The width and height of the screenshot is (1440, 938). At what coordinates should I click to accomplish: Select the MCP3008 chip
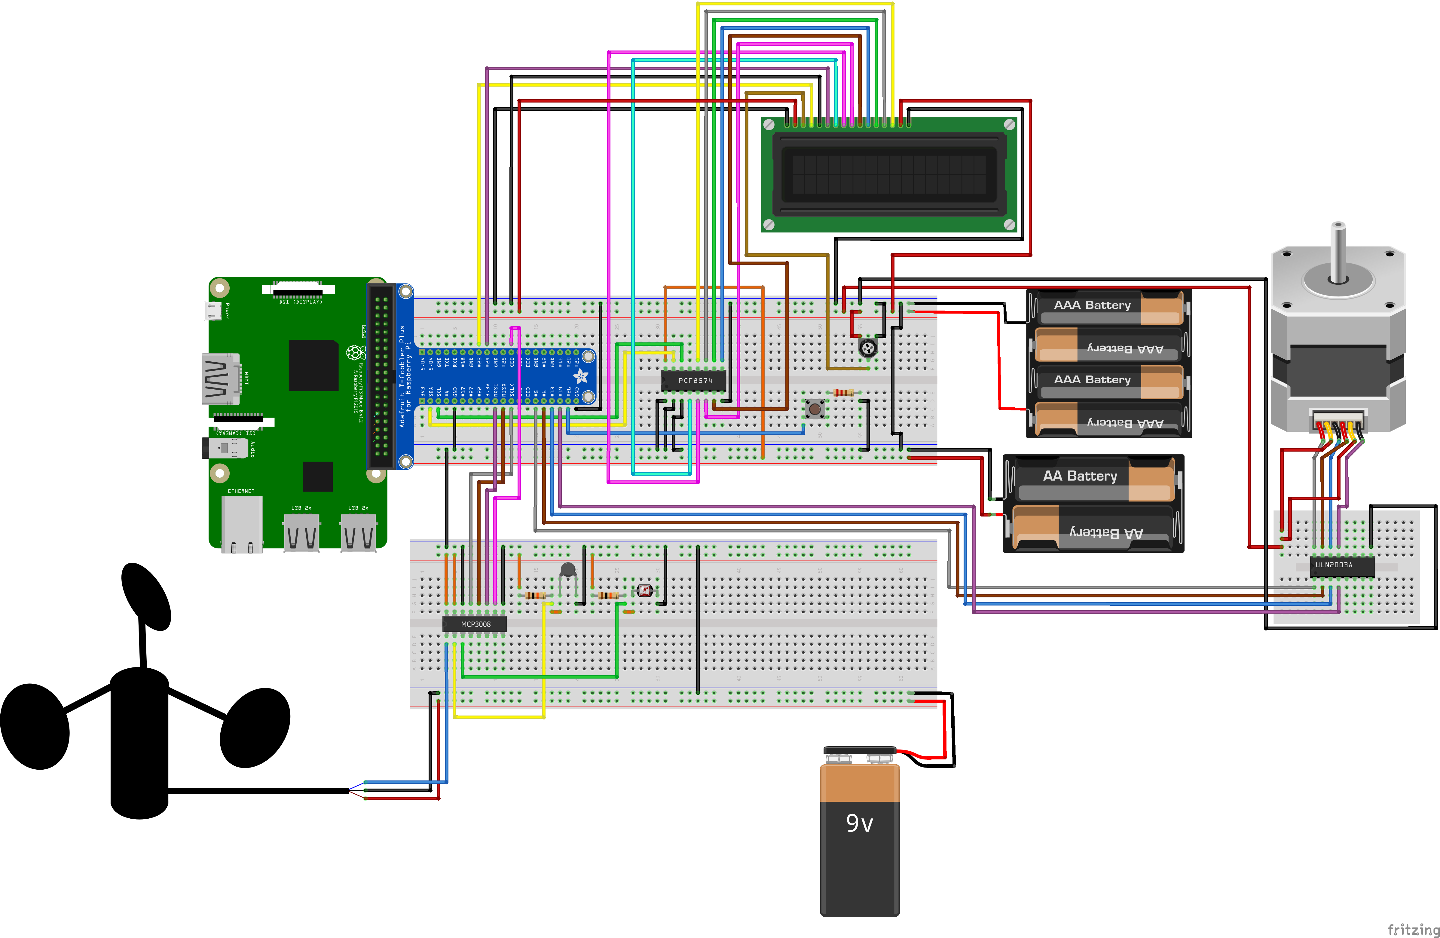tap(475, 624)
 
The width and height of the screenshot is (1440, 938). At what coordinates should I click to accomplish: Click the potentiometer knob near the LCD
tap(868, 348)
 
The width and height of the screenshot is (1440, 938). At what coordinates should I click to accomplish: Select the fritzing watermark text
tap(1413, 929)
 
